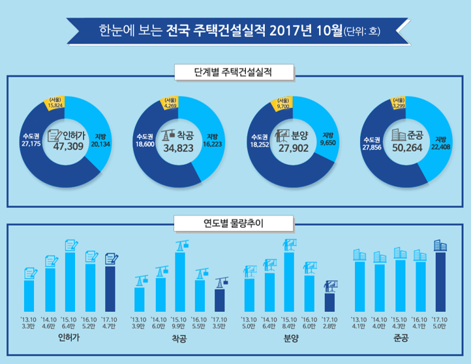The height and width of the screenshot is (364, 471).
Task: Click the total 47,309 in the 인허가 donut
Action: pyautogui.click(x=63, y=148)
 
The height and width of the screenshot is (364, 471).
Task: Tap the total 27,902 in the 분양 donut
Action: pyautogui.click(x=291, y=148)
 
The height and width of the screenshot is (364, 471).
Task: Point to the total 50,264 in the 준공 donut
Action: pyautogui.click(x=406, y=148)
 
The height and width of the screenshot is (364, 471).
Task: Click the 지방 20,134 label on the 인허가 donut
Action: pyautogui.click(x=101, y=140)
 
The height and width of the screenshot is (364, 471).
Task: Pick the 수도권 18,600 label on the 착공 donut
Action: pyautogui.click(x=145, y=140)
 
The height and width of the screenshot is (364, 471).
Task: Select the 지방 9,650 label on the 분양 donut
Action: pyautogui.click(x=326, y=140)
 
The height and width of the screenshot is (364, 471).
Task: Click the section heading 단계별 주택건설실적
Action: pyautogui.click(x=235, y=70)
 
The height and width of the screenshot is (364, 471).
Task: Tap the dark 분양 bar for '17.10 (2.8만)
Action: pyautogui.click(x=329, y=302)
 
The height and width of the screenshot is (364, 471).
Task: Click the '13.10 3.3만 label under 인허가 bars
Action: pyautogui.click(x=29, y=323)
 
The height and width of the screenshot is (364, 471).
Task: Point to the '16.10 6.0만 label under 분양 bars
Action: pyautogui.click(x=309, y=323)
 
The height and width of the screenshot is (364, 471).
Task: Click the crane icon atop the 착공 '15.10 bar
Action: pyautogui.click(x=181, y=245)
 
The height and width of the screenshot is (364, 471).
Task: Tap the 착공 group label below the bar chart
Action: pyautogui.click(x=180, y=339)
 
